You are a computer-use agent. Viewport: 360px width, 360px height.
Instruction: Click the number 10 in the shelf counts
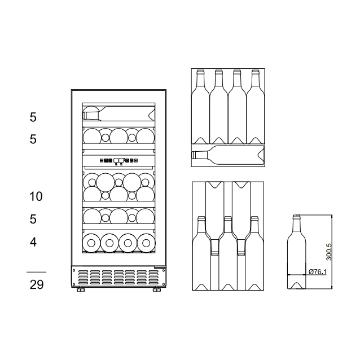point(36,196)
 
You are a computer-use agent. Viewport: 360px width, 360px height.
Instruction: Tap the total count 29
point(36,284)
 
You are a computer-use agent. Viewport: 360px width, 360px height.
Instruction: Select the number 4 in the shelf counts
point(33,242)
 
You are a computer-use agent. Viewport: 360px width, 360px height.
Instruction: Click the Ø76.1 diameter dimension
point(318,272)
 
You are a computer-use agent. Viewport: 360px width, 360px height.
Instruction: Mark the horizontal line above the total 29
point(36,272)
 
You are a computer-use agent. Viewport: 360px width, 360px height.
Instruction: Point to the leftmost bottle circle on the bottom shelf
point(90,243)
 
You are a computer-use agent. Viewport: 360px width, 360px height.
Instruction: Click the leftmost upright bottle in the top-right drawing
point(200,107)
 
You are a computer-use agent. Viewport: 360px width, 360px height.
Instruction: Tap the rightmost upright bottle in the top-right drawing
point(255,107)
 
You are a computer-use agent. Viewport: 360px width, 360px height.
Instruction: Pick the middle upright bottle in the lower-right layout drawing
point(227,257)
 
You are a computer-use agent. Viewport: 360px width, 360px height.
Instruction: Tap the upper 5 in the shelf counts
point(33,117)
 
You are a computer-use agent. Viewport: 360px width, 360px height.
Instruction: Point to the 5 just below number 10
point(33,218)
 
